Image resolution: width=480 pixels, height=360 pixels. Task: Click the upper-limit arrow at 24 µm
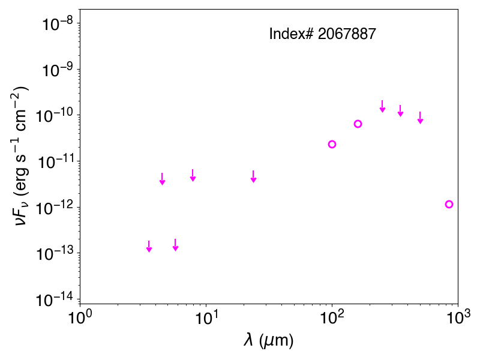point(253,176)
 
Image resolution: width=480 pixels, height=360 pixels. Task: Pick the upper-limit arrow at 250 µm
point(382,106)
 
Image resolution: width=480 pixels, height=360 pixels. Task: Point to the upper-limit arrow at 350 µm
point(400,111)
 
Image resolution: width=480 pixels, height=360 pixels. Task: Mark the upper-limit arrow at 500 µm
point(421,118)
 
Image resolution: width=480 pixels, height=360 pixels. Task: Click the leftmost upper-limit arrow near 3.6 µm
point(149,247)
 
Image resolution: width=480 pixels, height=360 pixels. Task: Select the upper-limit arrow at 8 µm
point(193,175)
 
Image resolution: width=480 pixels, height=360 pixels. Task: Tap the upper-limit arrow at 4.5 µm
point(163,179)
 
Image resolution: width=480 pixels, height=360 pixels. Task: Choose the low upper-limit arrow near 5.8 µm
point(175,245)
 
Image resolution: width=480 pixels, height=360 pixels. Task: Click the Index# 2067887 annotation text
point(322,34)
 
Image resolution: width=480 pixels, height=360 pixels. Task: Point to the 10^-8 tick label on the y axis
point(58,24)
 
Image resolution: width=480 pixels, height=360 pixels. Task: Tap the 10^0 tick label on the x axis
point(80,317)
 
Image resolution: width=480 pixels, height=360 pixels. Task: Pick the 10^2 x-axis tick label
point(332,317)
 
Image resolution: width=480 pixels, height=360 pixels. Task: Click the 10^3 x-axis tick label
point(458,317)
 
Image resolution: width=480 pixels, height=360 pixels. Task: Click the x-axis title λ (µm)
point(269,340)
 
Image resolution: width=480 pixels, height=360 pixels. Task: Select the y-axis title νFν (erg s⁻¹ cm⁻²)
point(22,156)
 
